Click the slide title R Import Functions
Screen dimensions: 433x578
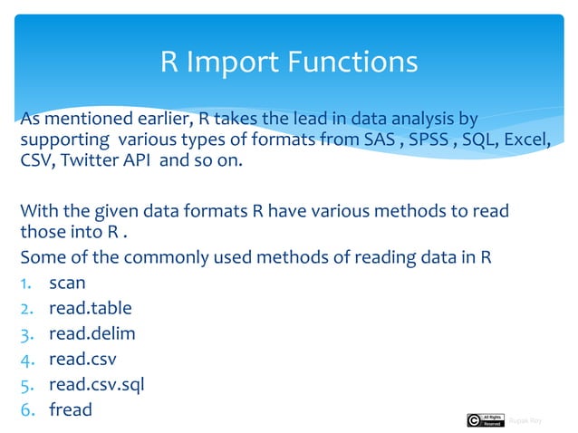(289, 63)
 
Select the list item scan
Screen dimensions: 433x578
(67, 283)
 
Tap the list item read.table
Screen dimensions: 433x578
(90, 308)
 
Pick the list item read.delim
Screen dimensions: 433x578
(92, 333)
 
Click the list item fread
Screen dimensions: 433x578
(71, 409)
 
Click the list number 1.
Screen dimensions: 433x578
(26, 283)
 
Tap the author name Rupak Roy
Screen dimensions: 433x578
(525, 419)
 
